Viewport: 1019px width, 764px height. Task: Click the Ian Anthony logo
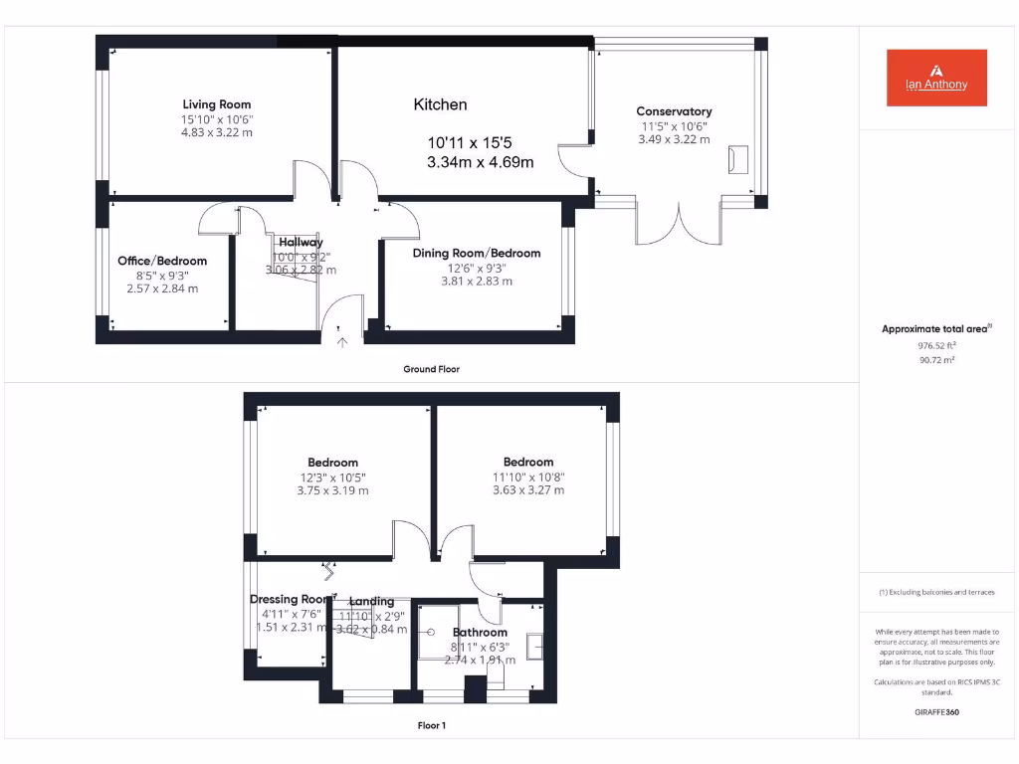(936, 78)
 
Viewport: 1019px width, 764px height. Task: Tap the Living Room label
(216, 104)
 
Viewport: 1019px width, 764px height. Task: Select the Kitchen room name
(440, 104)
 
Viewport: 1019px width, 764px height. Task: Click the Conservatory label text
(674, 111)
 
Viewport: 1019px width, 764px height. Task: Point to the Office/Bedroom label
(162, 261)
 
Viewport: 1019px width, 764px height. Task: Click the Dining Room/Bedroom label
(477, 253)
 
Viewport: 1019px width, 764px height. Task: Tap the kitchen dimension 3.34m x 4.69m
(480, 162)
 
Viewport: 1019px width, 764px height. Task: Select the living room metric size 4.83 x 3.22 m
(216, 132)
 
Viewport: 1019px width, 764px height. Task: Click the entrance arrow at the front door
(342, 343)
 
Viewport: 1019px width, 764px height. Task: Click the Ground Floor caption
(431, 369)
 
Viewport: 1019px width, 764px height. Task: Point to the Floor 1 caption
(431, 725)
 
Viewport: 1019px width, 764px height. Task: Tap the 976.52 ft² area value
(935, 345)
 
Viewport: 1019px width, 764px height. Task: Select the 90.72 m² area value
(935, 360)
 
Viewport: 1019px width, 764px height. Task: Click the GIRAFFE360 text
(935, 712)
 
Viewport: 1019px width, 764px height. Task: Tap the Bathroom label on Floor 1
(480, 632)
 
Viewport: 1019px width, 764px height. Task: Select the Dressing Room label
(289, 599)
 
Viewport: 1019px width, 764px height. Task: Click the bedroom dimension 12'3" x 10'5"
(332, 477)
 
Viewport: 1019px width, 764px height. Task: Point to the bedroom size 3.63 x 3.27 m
(527, 489)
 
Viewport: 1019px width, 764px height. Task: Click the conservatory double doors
(679, 224)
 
